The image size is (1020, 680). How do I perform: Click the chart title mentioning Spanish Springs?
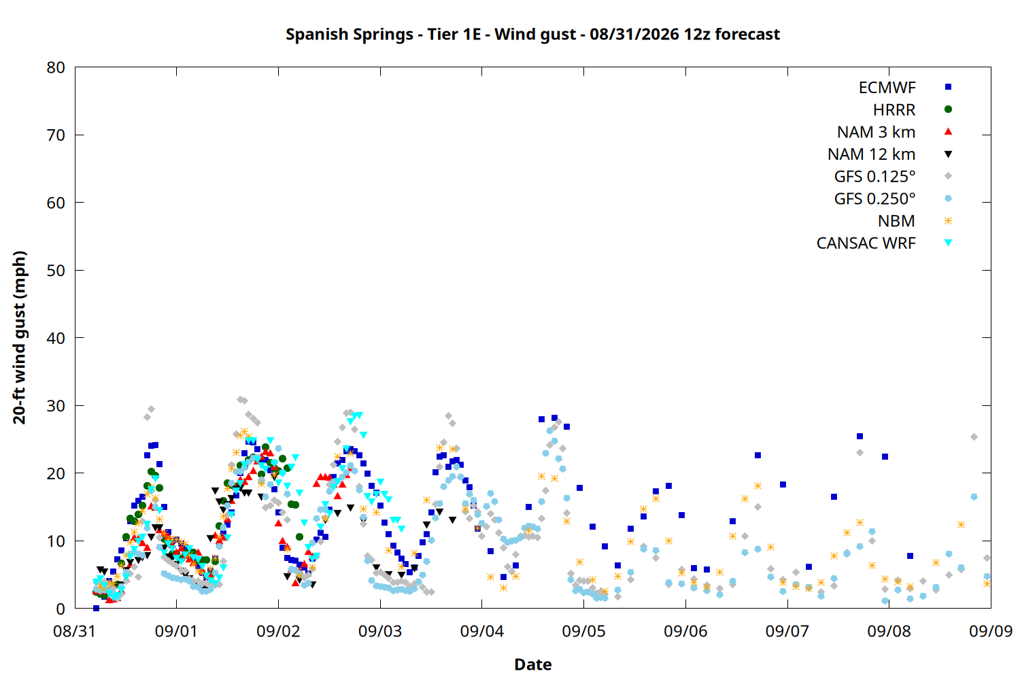point(532,35)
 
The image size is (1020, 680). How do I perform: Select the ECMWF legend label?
point(887,88)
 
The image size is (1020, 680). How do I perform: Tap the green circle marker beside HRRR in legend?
point(948,109)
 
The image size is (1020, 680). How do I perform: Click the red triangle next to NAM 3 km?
point(948,132)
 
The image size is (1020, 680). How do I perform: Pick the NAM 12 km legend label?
point(871,154)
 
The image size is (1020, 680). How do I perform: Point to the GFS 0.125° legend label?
point(874,176)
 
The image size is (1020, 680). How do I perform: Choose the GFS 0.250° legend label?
point(874,199)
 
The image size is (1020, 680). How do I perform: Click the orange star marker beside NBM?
point(948,221)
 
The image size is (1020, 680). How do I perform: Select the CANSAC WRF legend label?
point(866,243)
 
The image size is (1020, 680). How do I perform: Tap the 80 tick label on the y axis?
point(56,67)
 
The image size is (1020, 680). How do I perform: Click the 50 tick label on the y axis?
point(56,271)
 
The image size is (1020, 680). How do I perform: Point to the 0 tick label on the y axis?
point(61,609)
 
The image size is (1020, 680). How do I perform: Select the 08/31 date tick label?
point(74,631)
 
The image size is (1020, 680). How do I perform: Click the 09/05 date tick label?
point(583,631)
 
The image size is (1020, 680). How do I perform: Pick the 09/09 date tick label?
point(991,631)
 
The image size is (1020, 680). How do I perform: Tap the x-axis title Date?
point(532,664)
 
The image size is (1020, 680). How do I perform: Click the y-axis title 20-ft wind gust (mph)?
point(20,337)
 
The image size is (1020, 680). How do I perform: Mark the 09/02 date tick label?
point(278,631)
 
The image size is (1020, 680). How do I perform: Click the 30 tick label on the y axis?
point(56,406)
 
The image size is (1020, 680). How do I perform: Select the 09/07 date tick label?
point(787,631)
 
